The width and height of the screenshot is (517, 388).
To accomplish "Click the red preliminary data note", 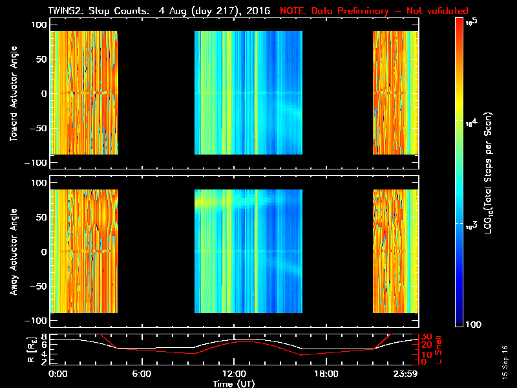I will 374,11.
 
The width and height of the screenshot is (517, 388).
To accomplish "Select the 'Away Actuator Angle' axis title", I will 12,252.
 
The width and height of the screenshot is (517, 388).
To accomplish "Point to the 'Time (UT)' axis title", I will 234,383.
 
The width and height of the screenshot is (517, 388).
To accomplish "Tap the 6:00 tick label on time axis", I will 142,374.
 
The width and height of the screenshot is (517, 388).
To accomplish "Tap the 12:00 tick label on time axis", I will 233,374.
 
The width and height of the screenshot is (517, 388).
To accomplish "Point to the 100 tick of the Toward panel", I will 38,24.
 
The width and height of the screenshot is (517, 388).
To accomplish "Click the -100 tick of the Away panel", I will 36,321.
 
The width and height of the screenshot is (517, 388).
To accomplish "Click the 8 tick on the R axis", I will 43,337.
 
